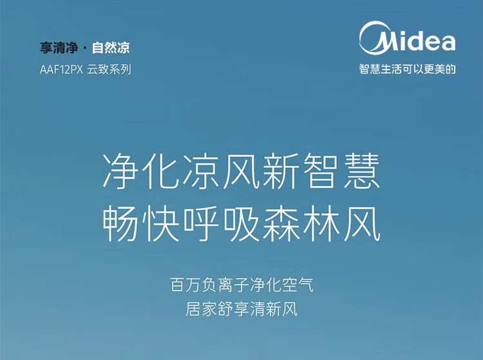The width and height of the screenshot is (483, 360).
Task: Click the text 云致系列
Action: (109, 70)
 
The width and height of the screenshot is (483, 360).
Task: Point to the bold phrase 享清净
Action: (58, 48)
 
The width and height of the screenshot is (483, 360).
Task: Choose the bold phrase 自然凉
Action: (111, 48)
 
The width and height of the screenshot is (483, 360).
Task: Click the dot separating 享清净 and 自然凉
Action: (85, 48)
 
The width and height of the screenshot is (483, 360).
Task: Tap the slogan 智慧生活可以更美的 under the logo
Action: (407, 69)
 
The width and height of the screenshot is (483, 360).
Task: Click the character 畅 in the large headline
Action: (120, 224)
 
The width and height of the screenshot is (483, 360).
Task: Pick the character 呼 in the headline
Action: (201, 224)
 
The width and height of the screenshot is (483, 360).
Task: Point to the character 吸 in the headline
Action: (241, 224)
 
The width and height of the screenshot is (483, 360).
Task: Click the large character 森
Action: (281, 224)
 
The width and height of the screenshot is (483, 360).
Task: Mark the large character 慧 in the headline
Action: (362, 171)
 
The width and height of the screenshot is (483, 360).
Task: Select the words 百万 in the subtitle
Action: (185, 285)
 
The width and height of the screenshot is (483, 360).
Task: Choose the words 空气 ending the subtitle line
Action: (298, 285)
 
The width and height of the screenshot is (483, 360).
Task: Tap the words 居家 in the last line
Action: (201, 309)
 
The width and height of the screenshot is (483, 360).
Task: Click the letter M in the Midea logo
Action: (390, 42)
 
